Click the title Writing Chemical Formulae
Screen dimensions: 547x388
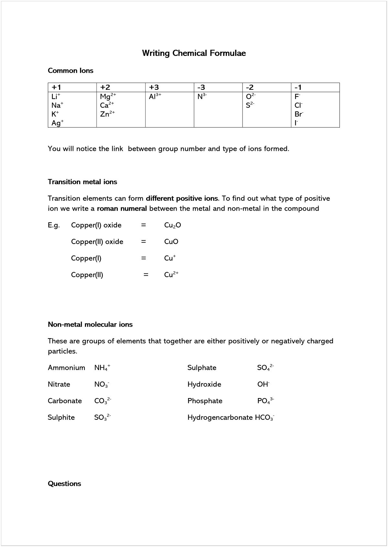[194, 53]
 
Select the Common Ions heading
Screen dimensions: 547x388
[70, 71]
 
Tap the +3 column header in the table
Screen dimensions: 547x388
[154, 88]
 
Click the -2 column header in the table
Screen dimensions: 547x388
[250, 88]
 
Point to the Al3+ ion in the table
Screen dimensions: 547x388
[155, 97]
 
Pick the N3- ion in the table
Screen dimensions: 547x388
[202, 97]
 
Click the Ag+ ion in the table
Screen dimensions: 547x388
[57, 123]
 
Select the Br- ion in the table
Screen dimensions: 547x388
[299, 114]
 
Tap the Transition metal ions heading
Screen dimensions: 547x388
[82, 182]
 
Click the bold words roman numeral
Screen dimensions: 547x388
[122, 209]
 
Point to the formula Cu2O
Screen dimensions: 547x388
[173, 226]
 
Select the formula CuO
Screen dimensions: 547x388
[171, 242]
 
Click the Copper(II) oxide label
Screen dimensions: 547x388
[97, 242]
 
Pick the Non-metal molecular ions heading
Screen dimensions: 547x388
[90, 325]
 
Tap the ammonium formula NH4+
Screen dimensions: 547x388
[102, 368]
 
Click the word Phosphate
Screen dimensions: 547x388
[205, 401]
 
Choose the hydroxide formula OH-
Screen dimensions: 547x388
[263, 384]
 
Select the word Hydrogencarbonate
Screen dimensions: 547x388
[220, 417]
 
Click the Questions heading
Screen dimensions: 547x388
[64, 484]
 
